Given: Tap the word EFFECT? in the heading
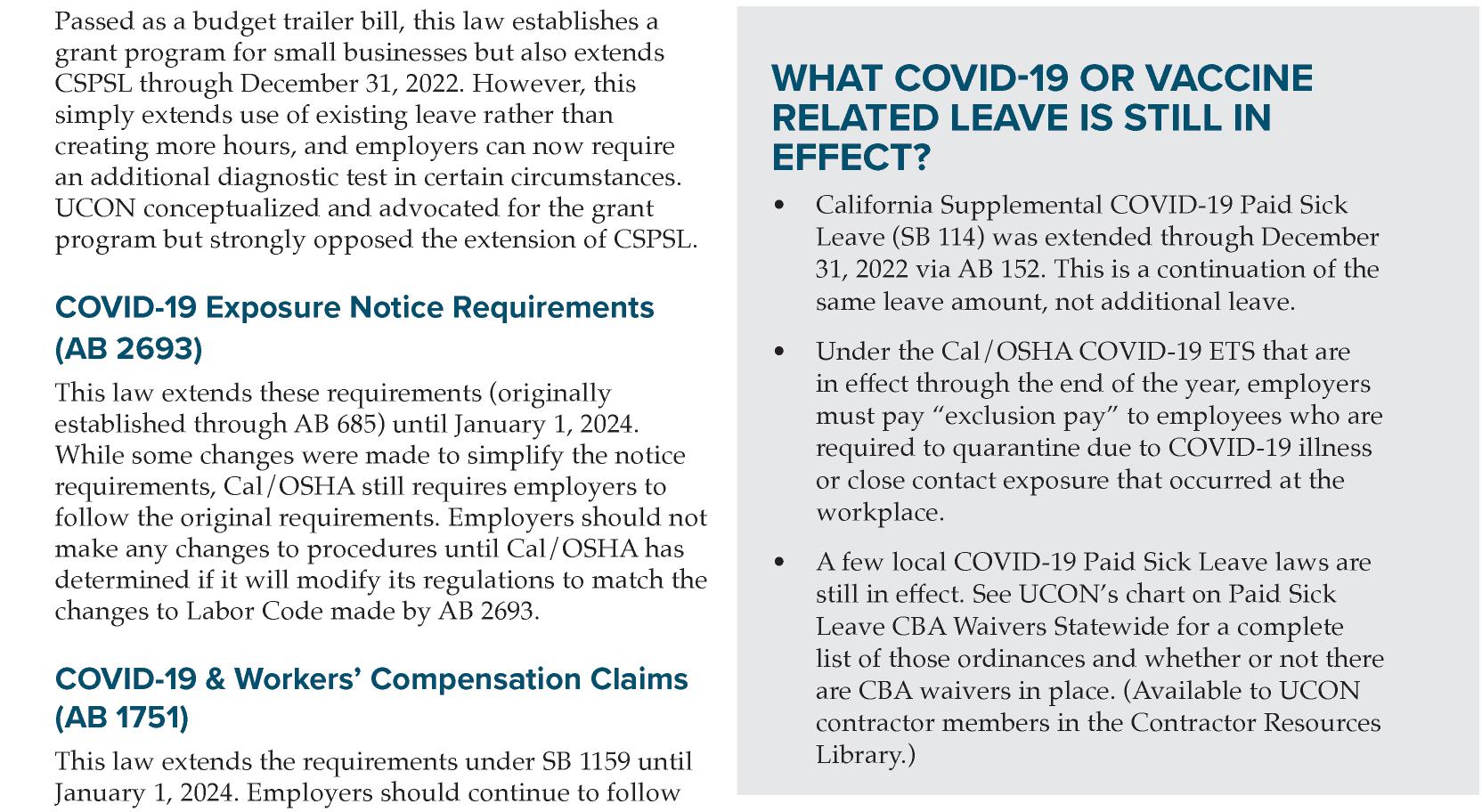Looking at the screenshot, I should [851, 158].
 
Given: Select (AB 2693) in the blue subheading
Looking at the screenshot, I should [128, 349].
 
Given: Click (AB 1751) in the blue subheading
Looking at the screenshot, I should [122, 718].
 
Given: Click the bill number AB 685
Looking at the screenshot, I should [339, 424].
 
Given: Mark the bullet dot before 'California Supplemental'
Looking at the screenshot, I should [780, 206].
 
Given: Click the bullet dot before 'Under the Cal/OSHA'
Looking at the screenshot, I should [780, 352].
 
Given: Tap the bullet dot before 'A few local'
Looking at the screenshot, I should [780, 563].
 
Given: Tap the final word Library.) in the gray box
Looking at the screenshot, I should [866, 755].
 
